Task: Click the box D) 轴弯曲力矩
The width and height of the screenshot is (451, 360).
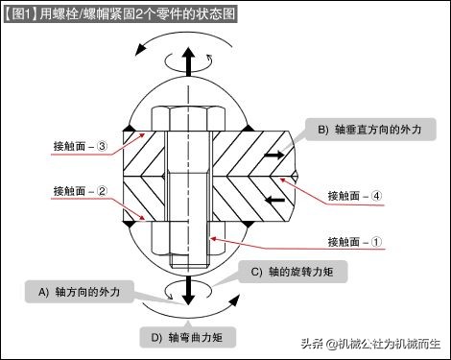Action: coord(188,337)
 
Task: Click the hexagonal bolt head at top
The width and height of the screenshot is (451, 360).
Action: coord(188,117)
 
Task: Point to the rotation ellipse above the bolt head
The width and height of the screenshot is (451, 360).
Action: coord(188,59)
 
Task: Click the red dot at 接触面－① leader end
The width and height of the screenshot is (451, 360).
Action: coord(213,238)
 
